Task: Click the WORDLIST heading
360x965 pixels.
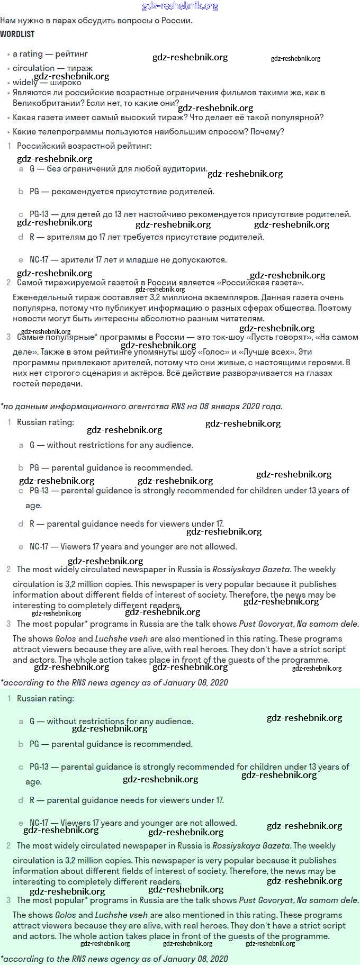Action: tap(17, 34)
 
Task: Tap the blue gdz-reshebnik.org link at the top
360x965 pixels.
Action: tap(180, 6)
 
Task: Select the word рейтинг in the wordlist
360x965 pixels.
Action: tap(71, 54)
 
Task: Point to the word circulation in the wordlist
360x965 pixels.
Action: tap(33, 68)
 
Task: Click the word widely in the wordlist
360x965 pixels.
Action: tap(25, 83)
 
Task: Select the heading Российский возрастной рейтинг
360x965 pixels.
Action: tap(84, 146)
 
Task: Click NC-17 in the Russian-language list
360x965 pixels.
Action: tap(39, 260)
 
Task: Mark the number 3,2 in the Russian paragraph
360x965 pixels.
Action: tap(149, 297)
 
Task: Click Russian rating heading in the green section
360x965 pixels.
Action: tap(46, 699)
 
